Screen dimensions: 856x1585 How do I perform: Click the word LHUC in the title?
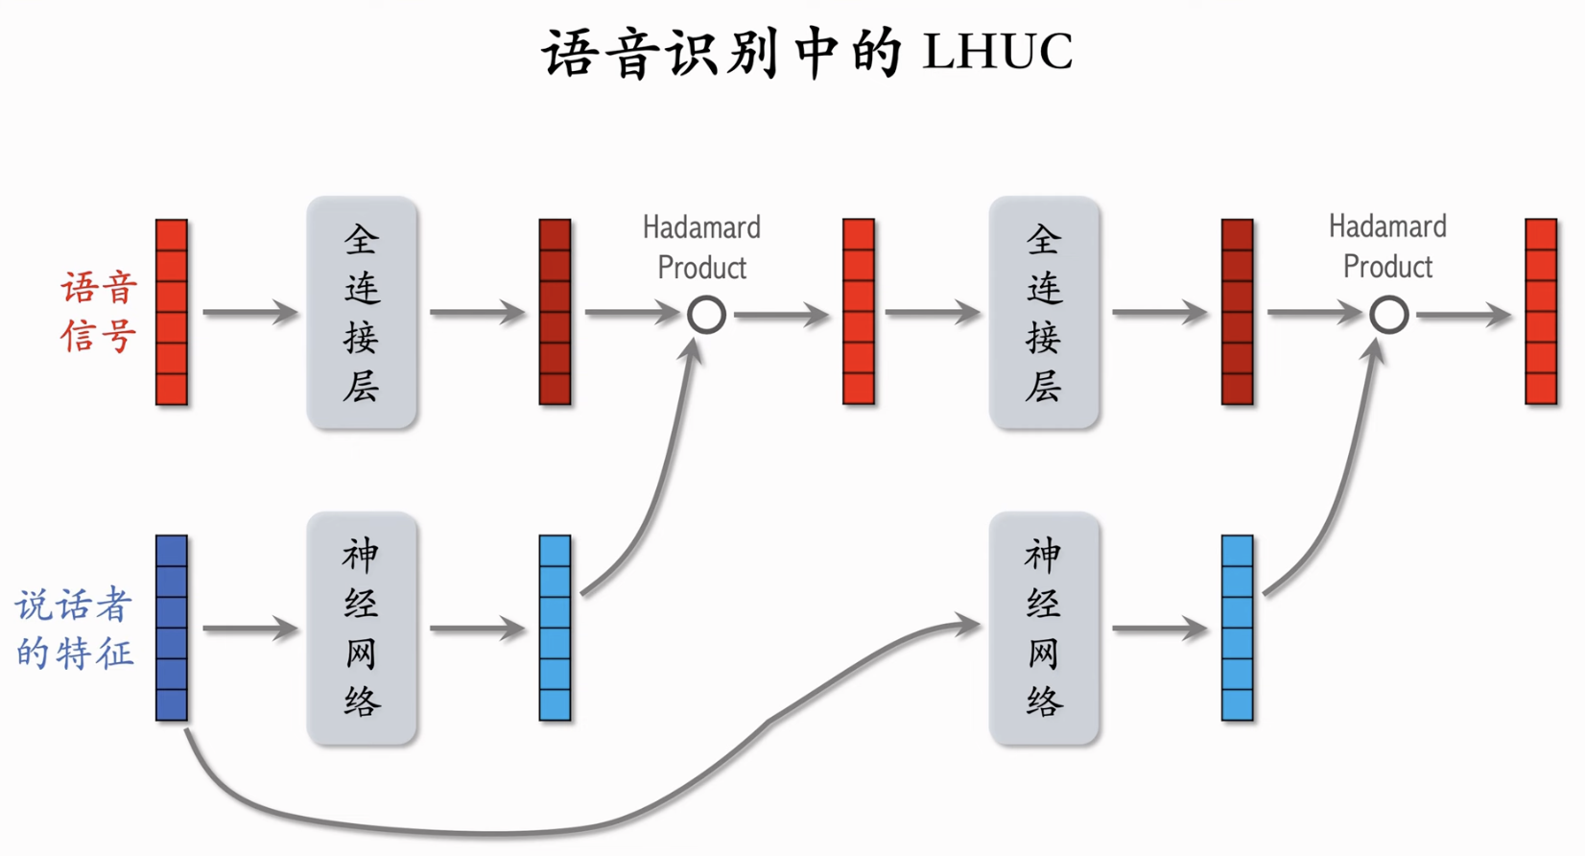pyautogui.click(x=997, y=52)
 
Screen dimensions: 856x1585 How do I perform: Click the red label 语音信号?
pyautogui.click(x=99, y=312)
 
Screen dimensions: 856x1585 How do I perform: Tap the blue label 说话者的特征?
pyautogui.click(x=75, y=629)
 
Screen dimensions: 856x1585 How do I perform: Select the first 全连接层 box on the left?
pyautogui.click(x=362, y=312)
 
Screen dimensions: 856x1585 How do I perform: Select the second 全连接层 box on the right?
pyautogui.click(x=1044, y=312)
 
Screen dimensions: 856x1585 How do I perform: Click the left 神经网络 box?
pyautogui.click(x=362, y=629)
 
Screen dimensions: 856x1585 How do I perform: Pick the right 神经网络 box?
pyautogui.click(x=1044, y=629)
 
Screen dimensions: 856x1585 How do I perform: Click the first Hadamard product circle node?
pyautogui.click(x=706, y=315)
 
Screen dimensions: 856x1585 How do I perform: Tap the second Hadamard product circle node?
pyautogui.click(x=1388, y=315)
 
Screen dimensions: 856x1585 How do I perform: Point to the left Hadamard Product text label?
pyautogui.click(x=701, y=248)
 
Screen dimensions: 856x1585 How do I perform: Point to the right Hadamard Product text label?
pyautogui.click(x=1387, y=247)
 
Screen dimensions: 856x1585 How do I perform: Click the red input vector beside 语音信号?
pyautogui.click(x=172, y=312)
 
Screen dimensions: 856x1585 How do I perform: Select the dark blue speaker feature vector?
pyautogui.click(x=172, y=629)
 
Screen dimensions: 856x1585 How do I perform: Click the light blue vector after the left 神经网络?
pyautogui.click(x=555, y=629)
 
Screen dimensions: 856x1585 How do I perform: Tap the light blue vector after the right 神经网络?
pyautogui.click(x=1237, y=629)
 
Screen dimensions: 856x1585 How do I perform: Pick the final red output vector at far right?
pyautogui.click(x=1541, y=312)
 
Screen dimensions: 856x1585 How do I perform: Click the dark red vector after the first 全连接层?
pyautogui.click(x=555, y=312)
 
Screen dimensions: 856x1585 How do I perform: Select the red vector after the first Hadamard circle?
pyautogui.click(x=858, y=312)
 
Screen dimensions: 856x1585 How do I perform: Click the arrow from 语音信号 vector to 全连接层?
pyautogui.click(x=249, y=313)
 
